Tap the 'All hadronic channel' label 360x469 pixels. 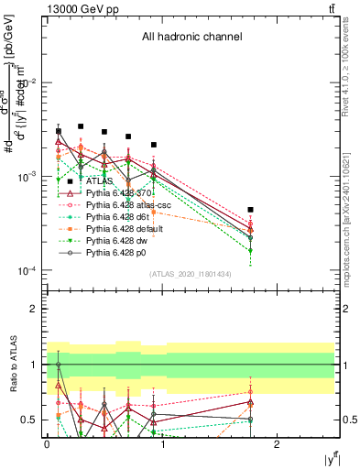click(191, 38)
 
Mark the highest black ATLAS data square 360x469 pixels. click(82, 126)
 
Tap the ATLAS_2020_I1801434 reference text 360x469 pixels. click(191, 274)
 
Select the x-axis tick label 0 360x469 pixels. click(47, 443)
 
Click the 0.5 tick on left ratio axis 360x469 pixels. click(33, 420)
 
